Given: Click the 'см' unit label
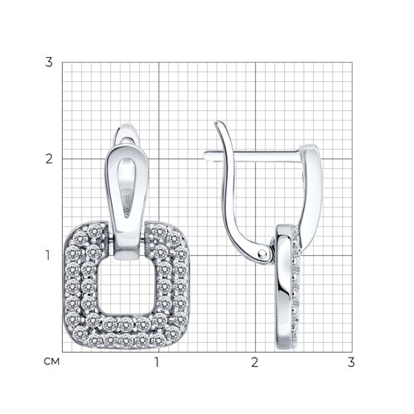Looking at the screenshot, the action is coord(51,362).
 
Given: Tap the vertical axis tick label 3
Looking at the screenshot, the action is coord(49,62).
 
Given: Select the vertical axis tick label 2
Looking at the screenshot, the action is coord(49,159).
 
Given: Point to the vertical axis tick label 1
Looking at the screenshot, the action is coord(48,255).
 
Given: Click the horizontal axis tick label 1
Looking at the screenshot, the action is coord(157,362).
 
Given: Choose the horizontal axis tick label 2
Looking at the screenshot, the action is coord(254,362).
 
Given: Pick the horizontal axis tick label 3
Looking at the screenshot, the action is coord(351,362).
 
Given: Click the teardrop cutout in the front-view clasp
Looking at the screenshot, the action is coord(126,188).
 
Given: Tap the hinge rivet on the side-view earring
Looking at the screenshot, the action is coord(262,253).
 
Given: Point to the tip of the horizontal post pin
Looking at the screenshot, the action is coord(205,155).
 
